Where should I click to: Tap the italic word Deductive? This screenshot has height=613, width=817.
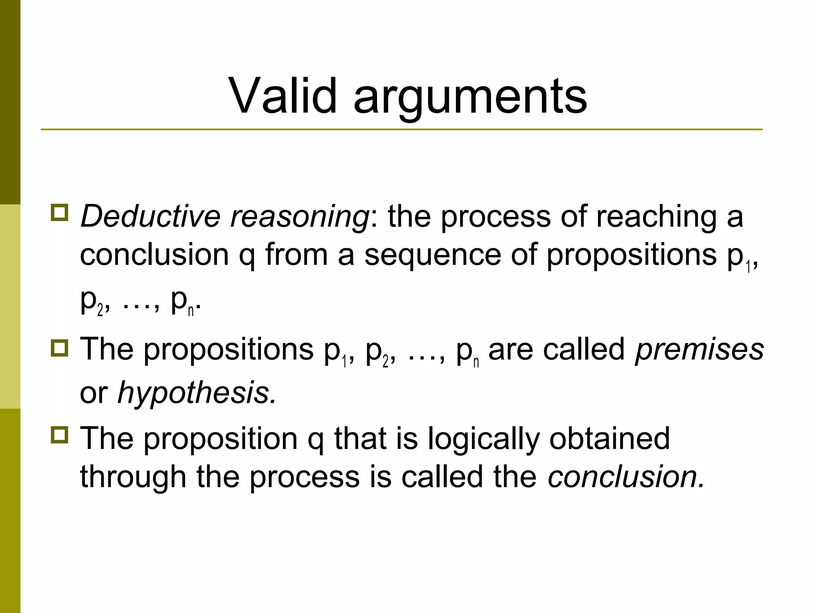tap(150, 216)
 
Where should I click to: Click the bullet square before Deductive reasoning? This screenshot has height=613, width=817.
tap(60, 212)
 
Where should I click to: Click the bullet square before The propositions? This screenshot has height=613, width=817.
tap(60, 348)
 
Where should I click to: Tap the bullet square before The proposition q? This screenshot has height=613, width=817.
tap(60, 435)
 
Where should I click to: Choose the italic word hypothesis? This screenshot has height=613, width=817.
tap(196, 393)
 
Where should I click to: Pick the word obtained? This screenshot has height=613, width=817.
tap(610, 438)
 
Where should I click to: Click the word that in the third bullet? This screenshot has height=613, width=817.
tap(360, 438)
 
